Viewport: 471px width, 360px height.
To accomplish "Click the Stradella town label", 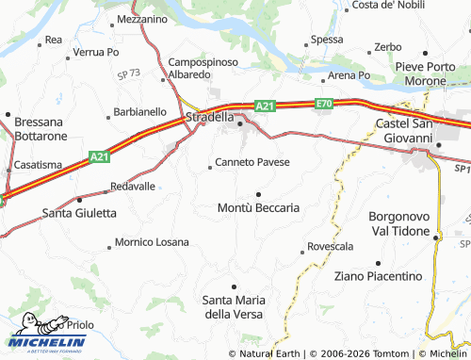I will pos(209,118).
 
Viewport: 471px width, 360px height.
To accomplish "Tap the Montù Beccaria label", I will pos(258,206).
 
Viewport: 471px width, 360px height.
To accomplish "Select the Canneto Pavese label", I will pos(252,162).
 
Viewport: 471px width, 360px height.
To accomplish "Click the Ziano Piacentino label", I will pos(378,276).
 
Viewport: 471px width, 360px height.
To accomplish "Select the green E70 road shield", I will pos(325,103).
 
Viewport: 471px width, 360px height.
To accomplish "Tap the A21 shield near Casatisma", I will pos(100,156).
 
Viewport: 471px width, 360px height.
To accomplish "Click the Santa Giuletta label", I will pos(80,213).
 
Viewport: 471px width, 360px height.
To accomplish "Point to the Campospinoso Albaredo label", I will pos(203,68).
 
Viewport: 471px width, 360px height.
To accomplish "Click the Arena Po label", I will pos(349,74).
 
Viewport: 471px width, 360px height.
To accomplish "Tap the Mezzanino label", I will pos(143,19).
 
